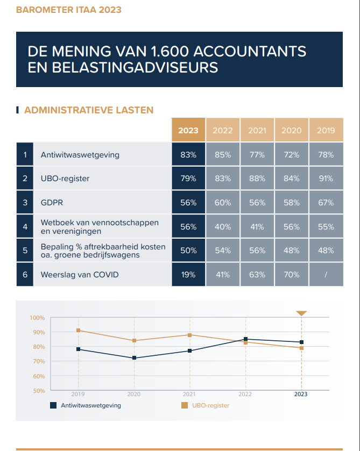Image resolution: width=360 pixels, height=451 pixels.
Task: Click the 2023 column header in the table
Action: [188, 130]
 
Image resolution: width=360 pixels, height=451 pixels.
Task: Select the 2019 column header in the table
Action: [326, 130]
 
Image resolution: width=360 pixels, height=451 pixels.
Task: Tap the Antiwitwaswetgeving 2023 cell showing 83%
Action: [188, 154]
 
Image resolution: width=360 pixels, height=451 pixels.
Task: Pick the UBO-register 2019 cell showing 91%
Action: [326, 178]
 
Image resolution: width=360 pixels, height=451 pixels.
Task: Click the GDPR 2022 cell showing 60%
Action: [223, 203]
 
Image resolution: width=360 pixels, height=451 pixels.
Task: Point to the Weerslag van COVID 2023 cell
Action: [188, 274]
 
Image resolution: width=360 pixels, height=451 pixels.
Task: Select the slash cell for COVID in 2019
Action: [326, 274]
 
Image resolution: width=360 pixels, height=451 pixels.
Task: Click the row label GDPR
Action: [52, 203]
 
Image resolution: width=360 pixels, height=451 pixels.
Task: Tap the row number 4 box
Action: [25, 227]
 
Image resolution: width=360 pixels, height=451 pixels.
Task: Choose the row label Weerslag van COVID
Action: [80, 274]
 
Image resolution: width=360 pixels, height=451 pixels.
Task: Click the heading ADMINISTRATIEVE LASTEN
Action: [89, 110]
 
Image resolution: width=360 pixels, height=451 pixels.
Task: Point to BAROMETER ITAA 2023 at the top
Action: [68, 10]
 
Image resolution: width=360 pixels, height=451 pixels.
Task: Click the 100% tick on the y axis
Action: [37, 318]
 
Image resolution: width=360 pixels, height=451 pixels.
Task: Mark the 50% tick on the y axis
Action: [39, 391]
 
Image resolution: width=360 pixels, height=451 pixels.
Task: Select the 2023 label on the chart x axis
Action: [301, 394]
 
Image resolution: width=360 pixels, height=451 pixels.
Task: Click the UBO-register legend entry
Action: [206, 405]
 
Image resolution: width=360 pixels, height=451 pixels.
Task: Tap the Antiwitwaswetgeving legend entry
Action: [86, 405]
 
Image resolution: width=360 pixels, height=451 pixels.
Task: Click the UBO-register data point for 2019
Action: [79, 331]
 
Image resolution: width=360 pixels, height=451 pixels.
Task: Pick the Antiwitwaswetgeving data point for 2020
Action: [134, 358]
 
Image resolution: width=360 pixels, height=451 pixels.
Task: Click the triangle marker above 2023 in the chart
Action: [301, 313]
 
